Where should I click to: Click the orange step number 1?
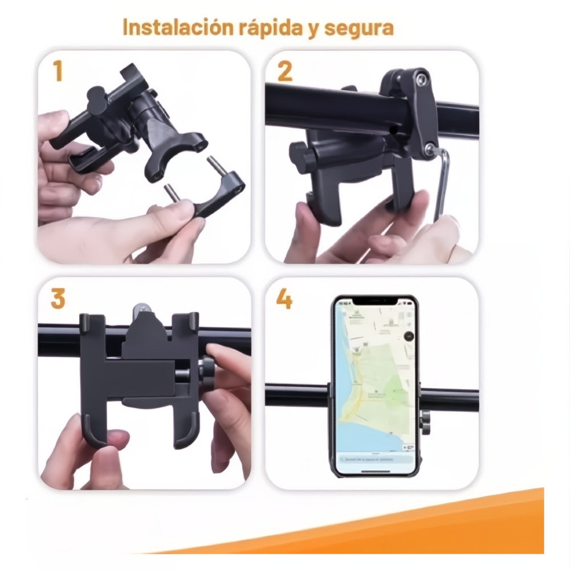[x=58, y=72]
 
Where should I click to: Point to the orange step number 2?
[x=285, y=72]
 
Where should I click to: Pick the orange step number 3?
[x=58, y=299]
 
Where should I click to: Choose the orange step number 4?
[x=285, y=299]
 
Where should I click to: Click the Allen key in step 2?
[x=443, y=182]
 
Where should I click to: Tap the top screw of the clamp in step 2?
[x=422, y=76]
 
